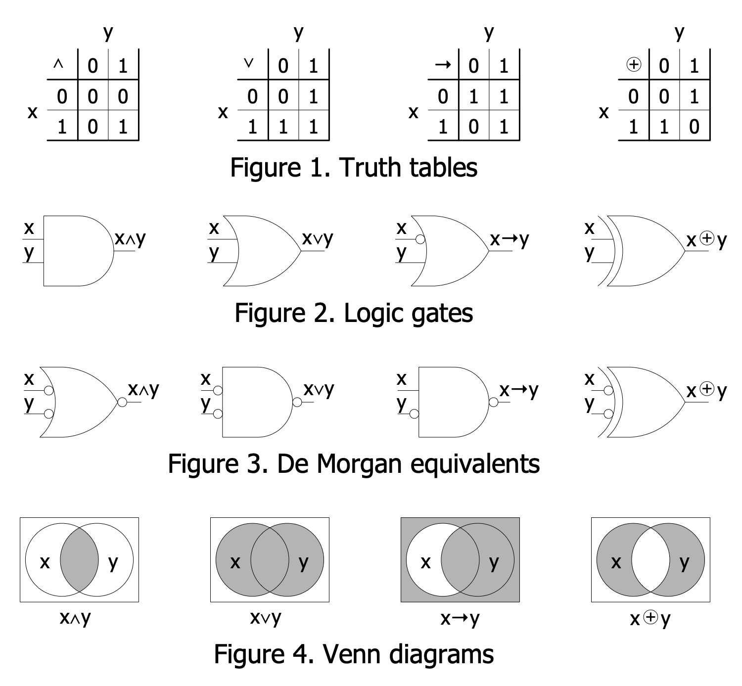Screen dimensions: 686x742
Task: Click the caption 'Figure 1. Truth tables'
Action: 354,167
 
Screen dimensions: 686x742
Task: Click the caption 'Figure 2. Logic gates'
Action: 354,313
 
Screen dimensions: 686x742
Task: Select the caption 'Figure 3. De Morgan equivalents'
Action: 354,463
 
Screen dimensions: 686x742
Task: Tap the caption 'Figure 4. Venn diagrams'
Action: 354,654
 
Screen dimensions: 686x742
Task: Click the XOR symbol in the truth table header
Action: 634,64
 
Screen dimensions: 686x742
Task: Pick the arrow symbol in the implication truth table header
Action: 443,65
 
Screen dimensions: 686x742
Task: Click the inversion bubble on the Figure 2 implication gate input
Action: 420,240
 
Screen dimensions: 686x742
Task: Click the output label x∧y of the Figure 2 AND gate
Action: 131,239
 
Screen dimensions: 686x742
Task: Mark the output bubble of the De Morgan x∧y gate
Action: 122,402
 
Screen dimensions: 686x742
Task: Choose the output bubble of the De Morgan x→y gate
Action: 493,402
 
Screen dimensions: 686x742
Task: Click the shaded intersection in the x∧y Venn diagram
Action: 79,560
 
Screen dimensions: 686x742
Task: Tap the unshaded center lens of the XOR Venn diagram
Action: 650,560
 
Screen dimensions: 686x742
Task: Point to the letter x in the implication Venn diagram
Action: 425,562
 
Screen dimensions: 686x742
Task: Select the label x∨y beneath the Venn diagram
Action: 266,618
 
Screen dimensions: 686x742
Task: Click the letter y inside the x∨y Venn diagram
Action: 303,563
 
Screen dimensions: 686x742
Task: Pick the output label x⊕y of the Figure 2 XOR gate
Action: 707,240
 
